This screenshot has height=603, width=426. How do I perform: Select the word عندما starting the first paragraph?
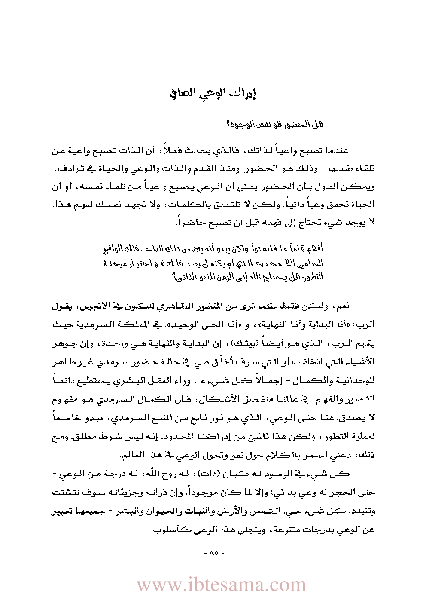(x=338, y=151)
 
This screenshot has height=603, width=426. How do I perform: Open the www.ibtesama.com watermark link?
(x=221, y=585)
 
